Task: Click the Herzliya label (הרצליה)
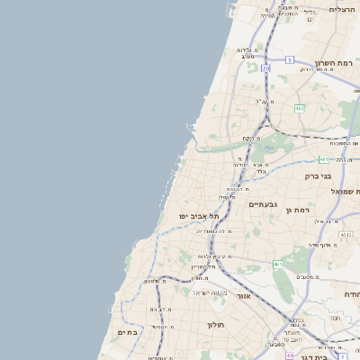tap(342, 9)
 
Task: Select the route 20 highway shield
tap(265, 67)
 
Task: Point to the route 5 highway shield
tap(290, 59)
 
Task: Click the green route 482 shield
tap(300, 108)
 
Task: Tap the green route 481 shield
tap(321, 159)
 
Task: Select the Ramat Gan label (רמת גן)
tap(297, 210)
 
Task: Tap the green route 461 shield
tap(278, 264)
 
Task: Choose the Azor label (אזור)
tap(243, 294)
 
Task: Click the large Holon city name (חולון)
tap(214, 324)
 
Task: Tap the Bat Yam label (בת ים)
tap(127, 331)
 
